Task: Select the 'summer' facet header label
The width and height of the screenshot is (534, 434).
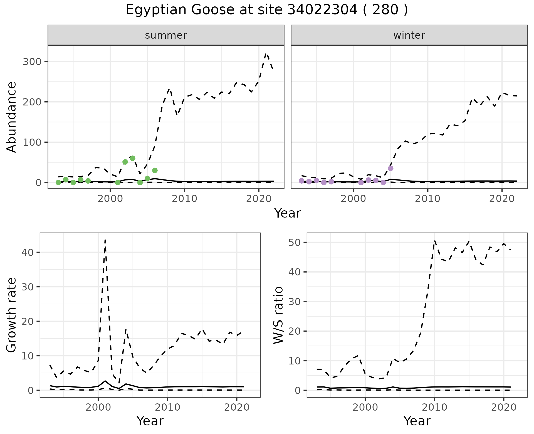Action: [x=166, y=35]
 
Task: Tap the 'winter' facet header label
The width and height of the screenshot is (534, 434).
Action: [x=409, y=35]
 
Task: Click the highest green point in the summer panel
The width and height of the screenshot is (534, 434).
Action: [x=133, y=158]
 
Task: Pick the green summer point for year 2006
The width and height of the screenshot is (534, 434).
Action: [x=155, y=170]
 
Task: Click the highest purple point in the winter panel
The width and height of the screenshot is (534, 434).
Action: [x=390, y=168]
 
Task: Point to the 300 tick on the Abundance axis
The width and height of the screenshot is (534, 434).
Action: [x=32, y=61]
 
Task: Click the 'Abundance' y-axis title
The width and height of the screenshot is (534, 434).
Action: [x=12, y=117]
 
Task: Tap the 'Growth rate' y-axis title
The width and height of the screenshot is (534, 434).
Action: [x=12, y=315]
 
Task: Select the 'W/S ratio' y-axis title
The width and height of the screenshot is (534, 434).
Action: [x=278, y=315]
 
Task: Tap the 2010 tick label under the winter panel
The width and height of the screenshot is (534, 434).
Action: [x=428, y=199]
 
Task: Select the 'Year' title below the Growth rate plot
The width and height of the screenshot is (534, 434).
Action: [x=150, y=421]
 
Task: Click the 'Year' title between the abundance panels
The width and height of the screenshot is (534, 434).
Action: [x=288, y=213]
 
